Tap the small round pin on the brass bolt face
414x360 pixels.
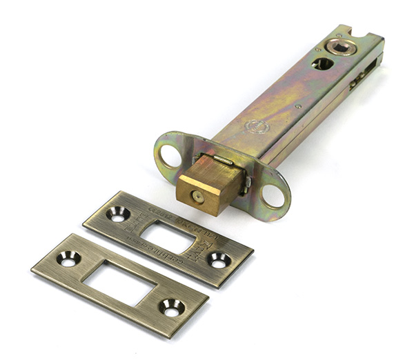pos(197,197)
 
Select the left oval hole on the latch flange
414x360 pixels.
pos(169,154)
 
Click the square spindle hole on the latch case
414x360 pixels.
pos(339,47)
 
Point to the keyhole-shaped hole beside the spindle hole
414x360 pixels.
pos(322,63)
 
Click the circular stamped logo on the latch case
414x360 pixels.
pos(256,127)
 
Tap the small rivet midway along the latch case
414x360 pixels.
pos(297,107)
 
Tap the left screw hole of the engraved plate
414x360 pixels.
pos(119,214)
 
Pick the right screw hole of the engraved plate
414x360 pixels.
pos(219,260)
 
